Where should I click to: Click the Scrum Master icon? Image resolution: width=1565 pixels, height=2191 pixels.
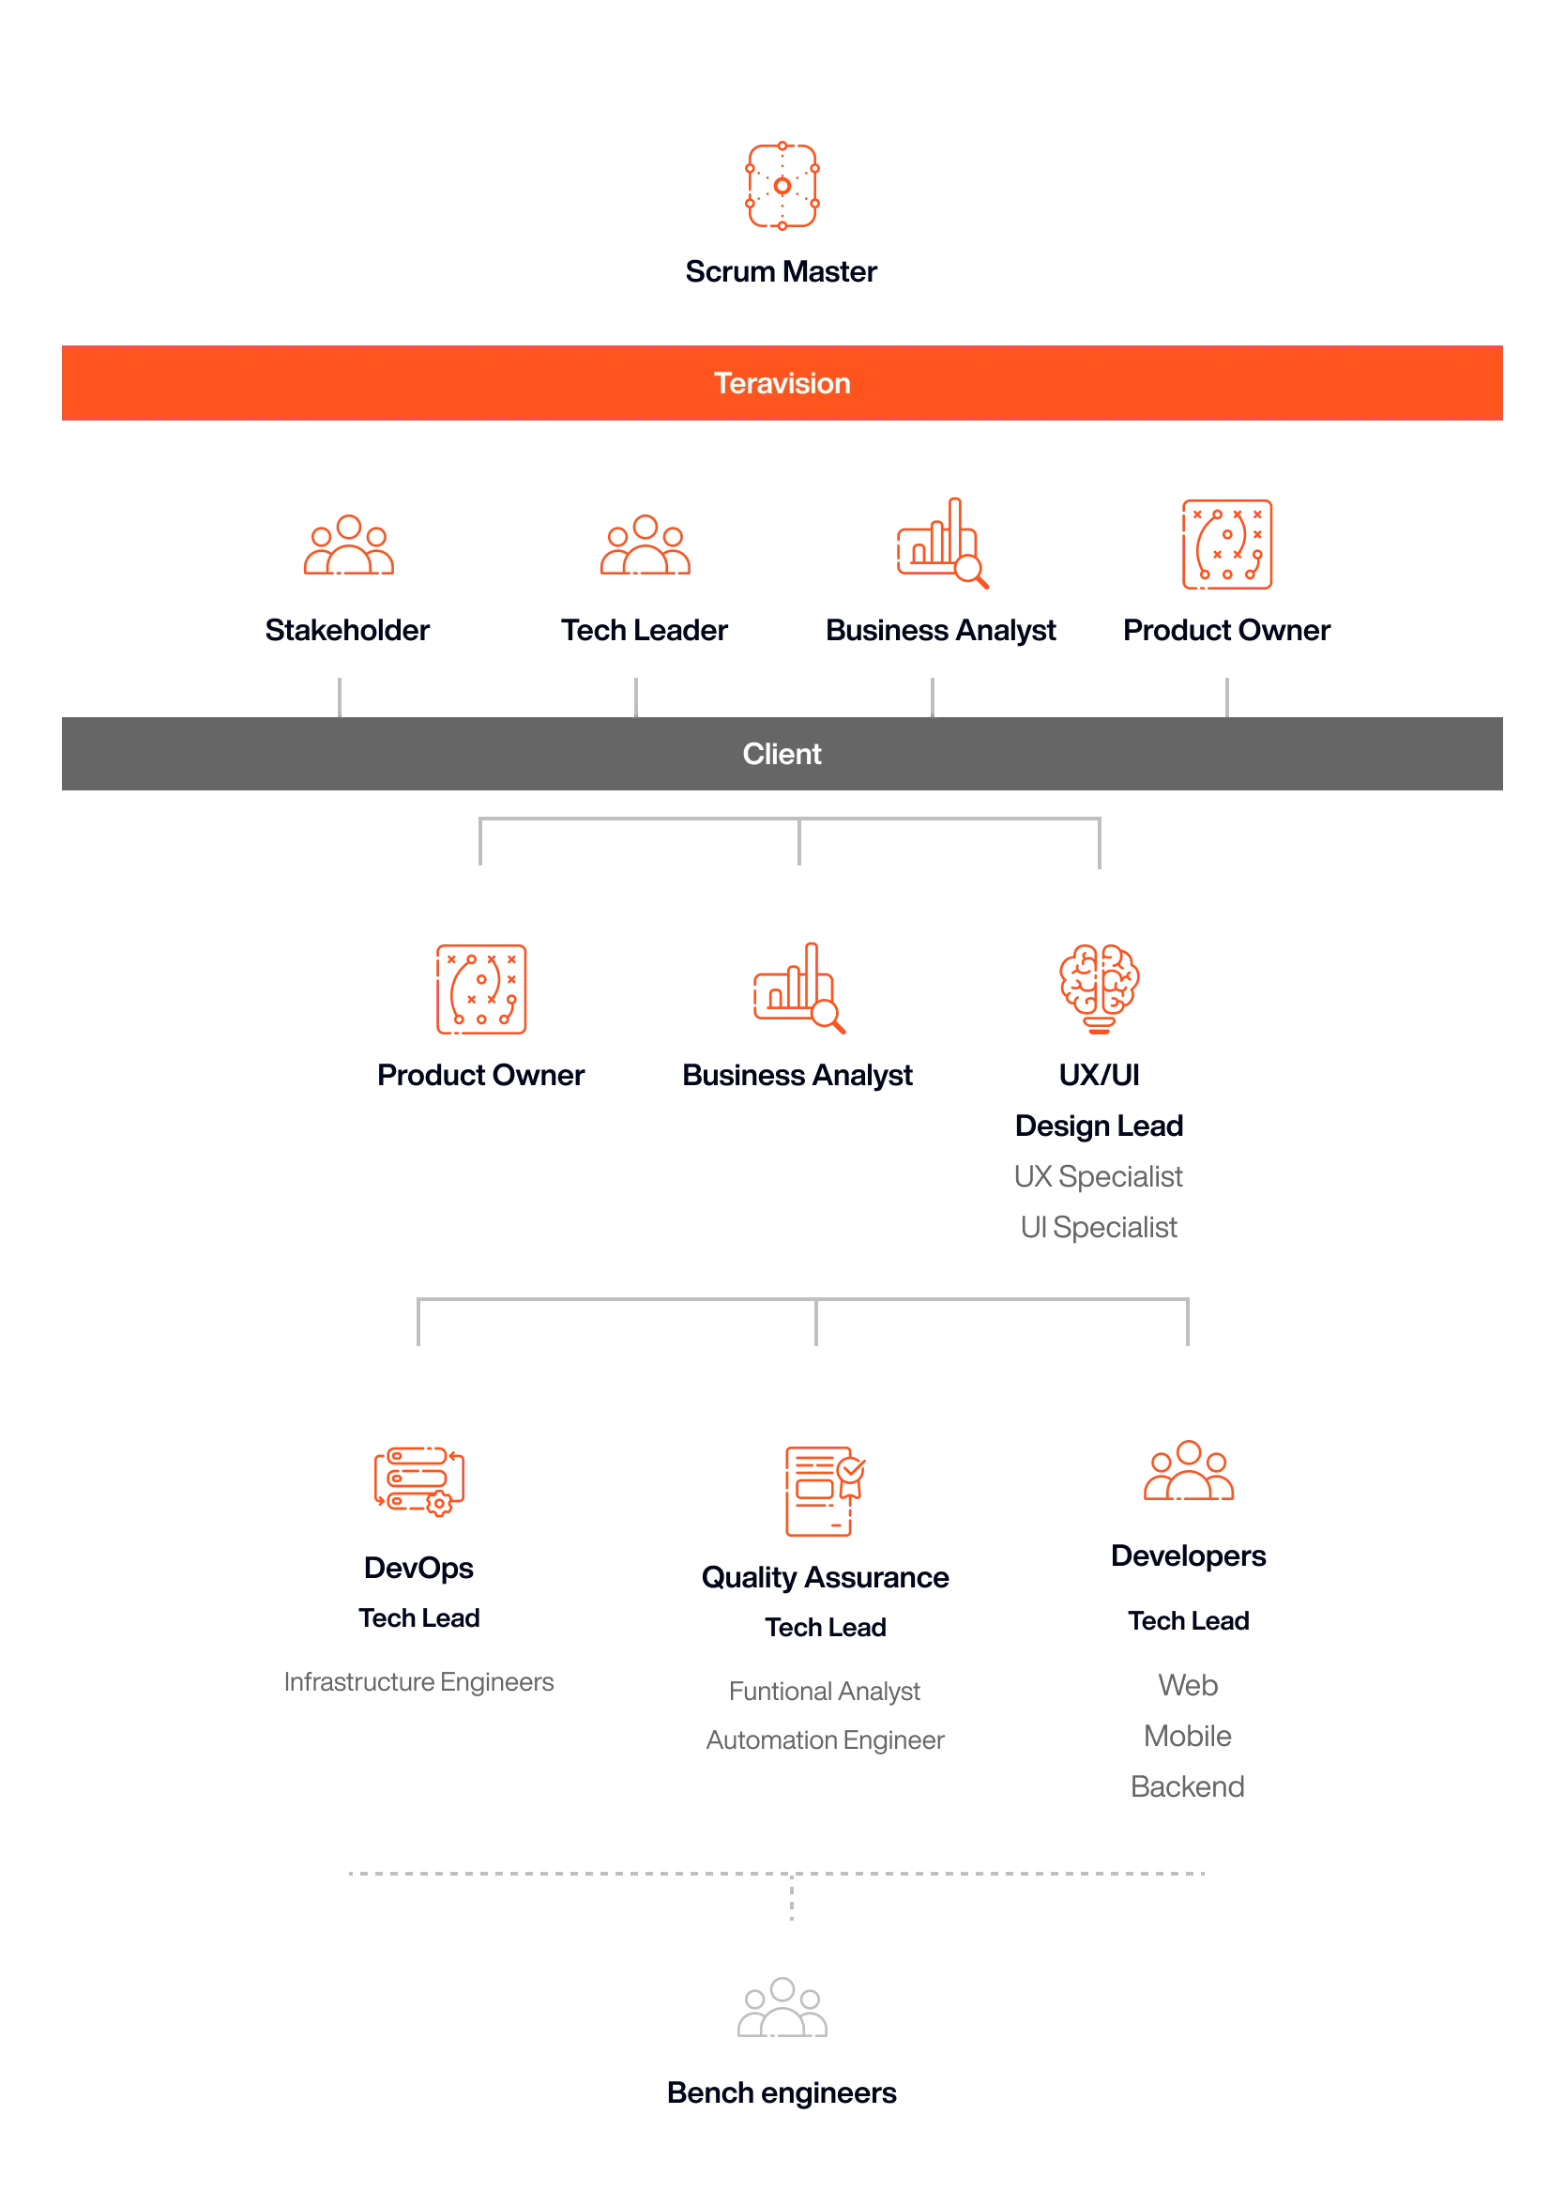[782, 186]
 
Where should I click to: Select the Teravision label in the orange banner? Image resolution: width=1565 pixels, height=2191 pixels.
[782, 384]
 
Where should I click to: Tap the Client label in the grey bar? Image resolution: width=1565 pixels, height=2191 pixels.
[782, 754]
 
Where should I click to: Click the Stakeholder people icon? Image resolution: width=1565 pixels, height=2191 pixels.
[349, 544]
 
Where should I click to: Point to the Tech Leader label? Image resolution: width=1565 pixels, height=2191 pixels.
[644, 631]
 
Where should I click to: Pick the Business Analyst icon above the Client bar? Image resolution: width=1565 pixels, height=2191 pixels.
[942, 543]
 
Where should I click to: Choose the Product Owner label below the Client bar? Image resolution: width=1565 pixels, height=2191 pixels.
[481, 1076]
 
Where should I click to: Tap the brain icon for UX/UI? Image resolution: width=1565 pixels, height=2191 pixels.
[1099, 989]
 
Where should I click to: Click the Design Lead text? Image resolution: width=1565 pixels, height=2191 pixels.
[1099, 1126]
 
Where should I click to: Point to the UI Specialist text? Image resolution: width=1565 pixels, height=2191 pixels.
[1099, 1228]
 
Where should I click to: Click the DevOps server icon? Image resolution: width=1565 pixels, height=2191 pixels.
[419, 1480]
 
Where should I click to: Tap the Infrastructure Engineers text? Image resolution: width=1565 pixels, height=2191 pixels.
[418, 1682]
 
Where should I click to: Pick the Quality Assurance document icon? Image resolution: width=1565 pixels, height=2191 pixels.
[825, 1490]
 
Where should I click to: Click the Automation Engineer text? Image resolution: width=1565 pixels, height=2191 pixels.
[825, 1739]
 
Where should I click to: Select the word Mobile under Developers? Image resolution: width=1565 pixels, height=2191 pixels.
[1187, 1736]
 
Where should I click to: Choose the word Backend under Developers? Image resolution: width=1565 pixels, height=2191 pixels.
[1187, 1787]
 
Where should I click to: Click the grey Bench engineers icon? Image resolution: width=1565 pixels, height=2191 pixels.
[782, 2007]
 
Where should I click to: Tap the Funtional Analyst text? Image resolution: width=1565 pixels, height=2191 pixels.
[824, 1692]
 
